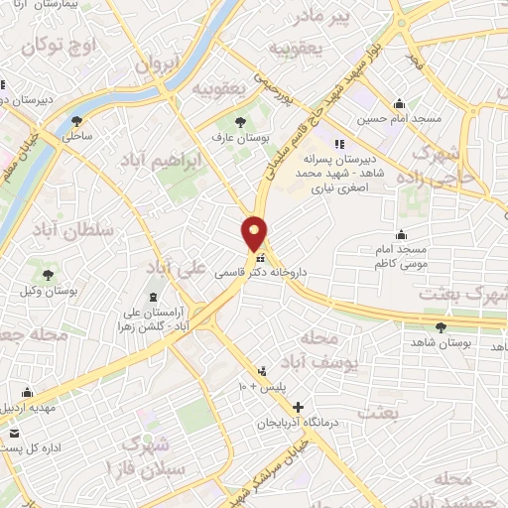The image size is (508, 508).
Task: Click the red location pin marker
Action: [x=255, y=232]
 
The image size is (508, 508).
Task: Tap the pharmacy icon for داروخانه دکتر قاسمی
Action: [x=260, y=258]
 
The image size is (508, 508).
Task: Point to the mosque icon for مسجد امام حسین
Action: [x=400, y=104]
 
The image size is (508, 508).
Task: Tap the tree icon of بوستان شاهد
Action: [x=442, y=326]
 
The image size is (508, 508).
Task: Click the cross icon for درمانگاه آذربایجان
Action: [x=299, y=407]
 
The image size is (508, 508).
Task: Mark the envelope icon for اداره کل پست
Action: [x=14, y=434]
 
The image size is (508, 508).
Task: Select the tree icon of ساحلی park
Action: [x=76, y=122]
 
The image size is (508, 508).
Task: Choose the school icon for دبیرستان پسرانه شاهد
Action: [x=338, y=143]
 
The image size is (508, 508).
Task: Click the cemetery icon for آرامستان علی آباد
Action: [x=153, y=296]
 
